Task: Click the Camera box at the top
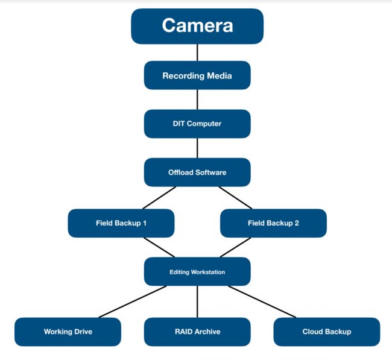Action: tap(197, 26)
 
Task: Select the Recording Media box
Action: tap(197, 75)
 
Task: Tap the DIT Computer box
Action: tap(197, 124)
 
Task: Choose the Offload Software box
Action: tap(197, 172)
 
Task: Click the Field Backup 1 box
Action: tap(121, 223)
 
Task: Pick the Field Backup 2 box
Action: tap(273, 223)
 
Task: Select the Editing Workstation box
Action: tap(197, 272)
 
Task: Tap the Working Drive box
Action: tap(68, 332)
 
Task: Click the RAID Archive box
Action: tap(197, 332)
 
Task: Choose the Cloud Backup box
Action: tap(326, 332)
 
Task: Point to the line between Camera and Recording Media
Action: tap(197, 52)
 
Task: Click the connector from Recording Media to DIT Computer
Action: tap(197, 99)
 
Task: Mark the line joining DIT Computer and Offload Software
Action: tap(197, 148)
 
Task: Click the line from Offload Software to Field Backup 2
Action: tap(235, 198)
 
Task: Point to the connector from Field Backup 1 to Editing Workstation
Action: tap(159, 247)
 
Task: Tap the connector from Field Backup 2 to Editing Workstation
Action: tap(235, 247)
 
